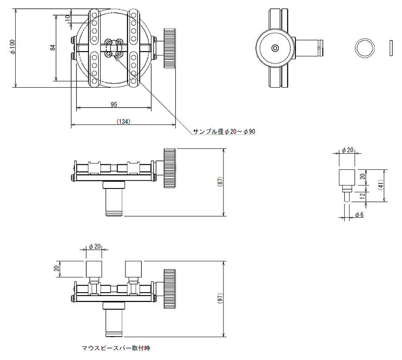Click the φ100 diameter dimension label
pyautogui.click(x=13, y=47)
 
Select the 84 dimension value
pyautogui.click(x=53, y=47)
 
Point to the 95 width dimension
pyautogui.click(x=114, y=104)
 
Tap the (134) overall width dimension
pyautogui.click(x=123, y=121)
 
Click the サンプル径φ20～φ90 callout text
pyautogui.click(x=224, y=132)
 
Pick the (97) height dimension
pyautogui.click(x=220, y=299)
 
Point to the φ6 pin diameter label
pyautogui.click(x=359, y=215)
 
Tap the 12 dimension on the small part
pyautogui.click(x=361, y=196)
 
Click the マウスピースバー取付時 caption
pyautogui.click(x=116, y=349)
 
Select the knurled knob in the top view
pyautogui.click(x=170, y=48)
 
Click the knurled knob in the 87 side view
pyautogui.click(x=170, y=168)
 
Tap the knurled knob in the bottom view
pyautogui.click(x=170, y=289)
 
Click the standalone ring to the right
pyautogui.click(x=364, y=48)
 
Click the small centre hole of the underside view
pyautogui.click(x=275, y=48)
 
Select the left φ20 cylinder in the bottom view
pyautogui.click(x=94, y=269)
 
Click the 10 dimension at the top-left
pyautogui.click(x=68, y=19)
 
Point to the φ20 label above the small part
pyautogui.click(x=347, y=150)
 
